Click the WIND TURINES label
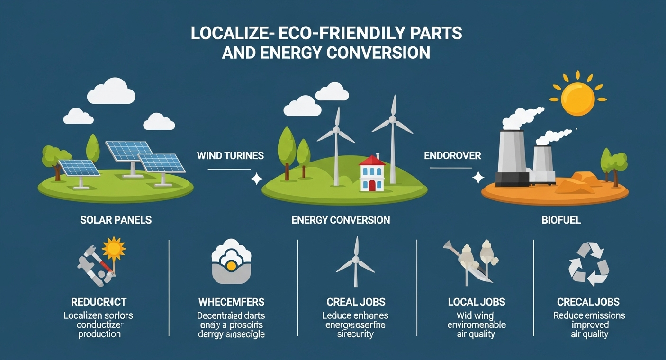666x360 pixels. pyautogui.click(x=224, y=155)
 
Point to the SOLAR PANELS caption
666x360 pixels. pyautogui.click(x=116, y=220)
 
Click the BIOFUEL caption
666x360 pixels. pyautogui.click(x=554, y=220)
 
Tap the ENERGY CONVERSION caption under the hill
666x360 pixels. pyautogui.click(x=341, y=220)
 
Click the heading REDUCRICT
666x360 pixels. pyautogui.click(x=99, y=302)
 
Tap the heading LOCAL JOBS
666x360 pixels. pyautogui.click(x=477, y=302)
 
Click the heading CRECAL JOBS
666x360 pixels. pyautogui.click(x=588, y=302)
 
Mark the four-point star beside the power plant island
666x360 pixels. pyautogui.click(x=478, y=178)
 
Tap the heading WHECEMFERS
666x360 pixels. pyautogui.click(x=231, y=302)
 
